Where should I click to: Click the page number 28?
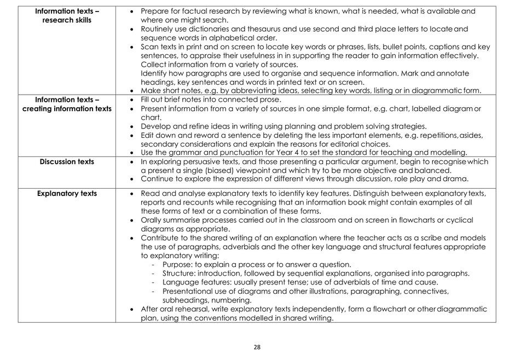(257, 347)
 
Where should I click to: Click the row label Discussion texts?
(67, 161)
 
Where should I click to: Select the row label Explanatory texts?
(67, 193)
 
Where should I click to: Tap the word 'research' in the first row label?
(57, 20)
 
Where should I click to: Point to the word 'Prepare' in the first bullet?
(155, 11)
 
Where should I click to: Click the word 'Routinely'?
(159, 28)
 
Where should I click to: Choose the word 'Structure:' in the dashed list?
(180, 273)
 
